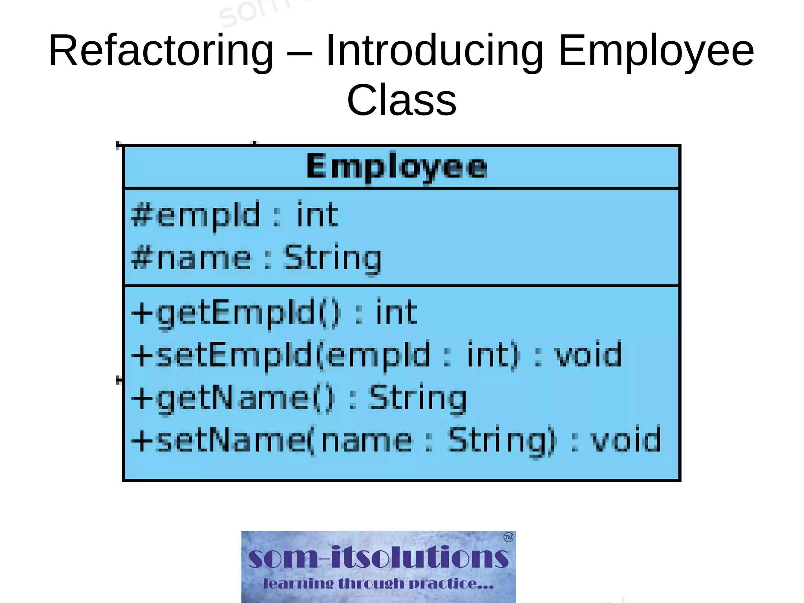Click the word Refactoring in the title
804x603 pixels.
click(x=161, y=51)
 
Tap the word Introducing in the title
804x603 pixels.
click(x=434, y=51)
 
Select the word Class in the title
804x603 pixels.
click(x=402, y=101)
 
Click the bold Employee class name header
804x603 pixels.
click(x=397, y=167)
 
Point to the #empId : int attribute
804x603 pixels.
click(x=235, y=215)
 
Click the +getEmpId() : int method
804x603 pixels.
click(x=274, y=313)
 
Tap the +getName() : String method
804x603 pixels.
click(x=298, y=398)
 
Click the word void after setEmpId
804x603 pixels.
click(x=588, y=355)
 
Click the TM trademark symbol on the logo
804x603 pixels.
click(x=508, y=537)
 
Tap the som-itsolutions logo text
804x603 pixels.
click(x=378, y=557)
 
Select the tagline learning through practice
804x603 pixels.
click(x=378, y=584)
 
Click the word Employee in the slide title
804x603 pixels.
click(x=656, y=51)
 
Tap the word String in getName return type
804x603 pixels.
click(x=418, y=398)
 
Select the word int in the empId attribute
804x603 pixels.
click(x=317, y=214)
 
